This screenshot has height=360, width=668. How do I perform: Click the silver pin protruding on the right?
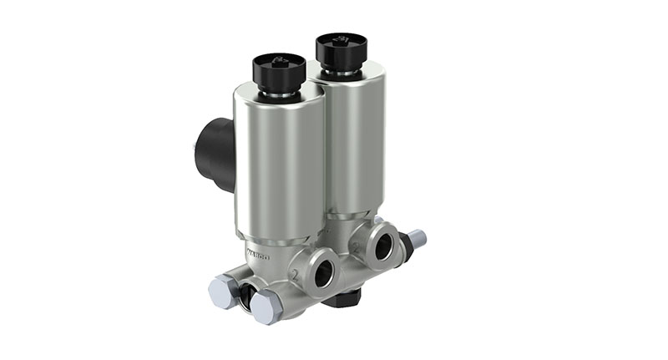click(418, 239)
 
